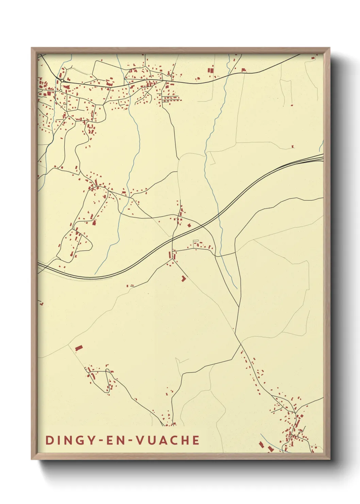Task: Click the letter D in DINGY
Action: click(49, 440)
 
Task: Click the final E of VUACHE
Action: click(196, 440)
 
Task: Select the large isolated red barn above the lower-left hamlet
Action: click(79, 348)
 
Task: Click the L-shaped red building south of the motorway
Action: click(183, 278)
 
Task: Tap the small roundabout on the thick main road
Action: click(63, 80)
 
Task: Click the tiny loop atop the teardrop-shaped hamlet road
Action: click(108, 370)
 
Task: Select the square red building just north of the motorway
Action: click(190, 225)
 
